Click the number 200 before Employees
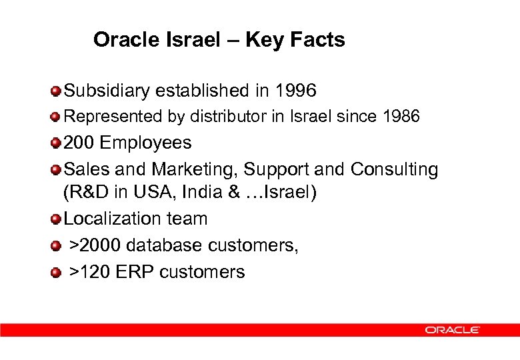79,143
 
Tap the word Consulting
394,169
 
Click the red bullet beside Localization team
57,219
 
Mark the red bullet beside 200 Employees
57,143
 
